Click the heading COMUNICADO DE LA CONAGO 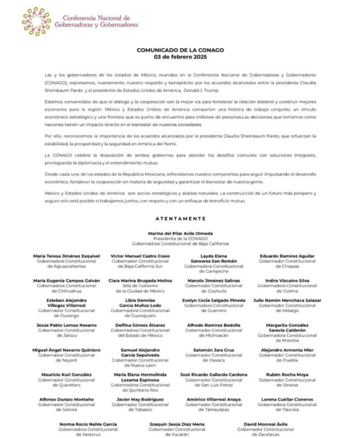point(180,50)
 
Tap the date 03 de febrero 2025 point(180,56)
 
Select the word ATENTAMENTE point(180,217)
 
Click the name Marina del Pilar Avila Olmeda point(180,233)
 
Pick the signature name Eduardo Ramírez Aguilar point(287,256)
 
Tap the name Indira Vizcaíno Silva point(287,280)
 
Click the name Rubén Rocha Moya point(287,376)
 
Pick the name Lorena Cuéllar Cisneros point(287,399)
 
